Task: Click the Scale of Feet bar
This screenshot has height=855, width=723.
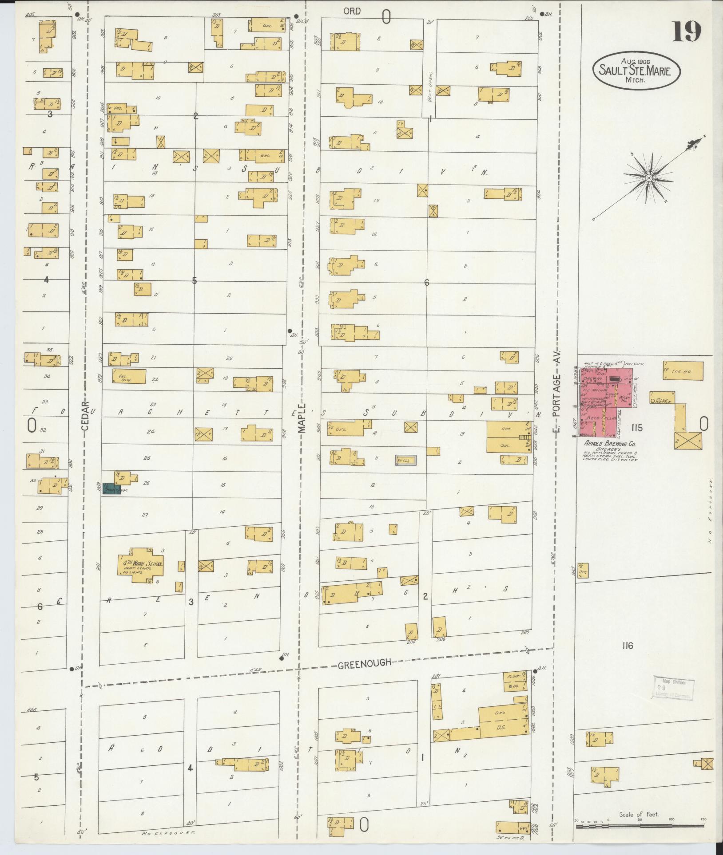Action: tap(640, 826)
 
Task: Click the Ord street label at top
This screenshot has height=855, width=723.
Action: tap(352, 11)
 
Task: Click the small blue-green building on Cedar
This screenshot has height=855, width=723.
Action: tap(111, 489)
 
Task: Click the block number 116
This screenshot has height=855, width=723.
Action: tap(627, 646)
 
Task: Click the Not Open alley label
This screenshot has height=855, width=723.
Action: tap(430, 87)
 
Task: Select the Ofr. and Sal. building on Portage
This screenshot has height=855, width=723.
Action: tap(508, 437)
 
